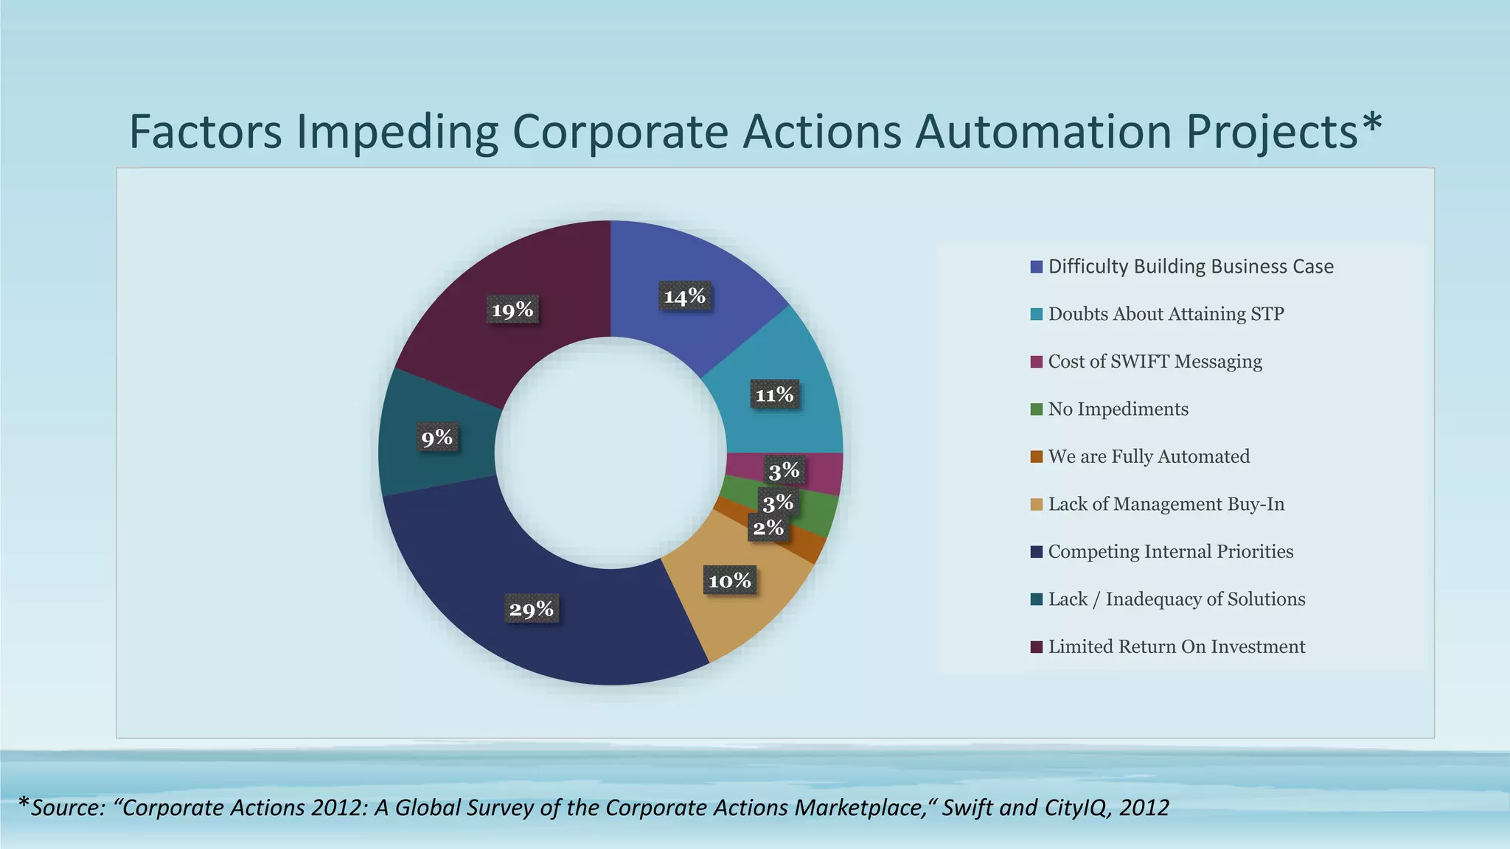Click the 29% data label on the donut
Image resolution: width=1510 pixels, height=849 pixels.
coord(532,609)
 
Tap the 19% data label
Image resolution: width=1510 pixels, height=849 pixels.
coord(512,310)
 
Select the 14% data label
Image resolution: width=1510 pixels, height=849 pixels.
coord(685,296)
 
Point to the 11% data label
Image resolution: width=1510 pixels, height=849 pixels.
coord(774,395)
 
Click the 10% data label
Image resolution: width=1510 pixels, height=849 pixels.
coord(730,581)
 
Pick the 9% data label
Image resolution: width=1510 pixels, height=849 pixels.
coord(437,438)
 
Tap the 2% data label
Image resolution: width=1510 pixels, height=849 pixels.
coord(768,528)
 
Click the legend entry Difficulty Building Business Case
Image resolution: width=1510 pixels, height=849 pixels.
coord(1190,267)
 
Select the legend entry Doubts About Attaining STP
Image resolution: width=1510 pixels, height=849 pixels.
coord(1166,314)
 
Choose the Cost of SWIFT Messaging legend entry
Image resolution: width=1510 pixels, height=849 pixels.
coord(1155,362)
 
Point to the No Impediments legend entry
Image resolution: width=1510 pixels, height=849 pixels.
coord(1118,409)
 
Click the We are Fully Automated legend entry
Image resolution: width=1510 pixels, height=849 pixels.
coord(1149,457)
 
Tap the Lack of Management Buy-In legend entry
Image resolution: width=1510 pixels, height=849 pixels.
coord(1166,504)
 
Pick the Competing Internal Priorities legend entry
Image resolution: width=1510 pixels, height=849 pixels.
coord(1170,552)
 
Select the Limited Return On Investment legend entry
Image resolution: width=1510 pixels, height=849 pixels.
coord(1176,647)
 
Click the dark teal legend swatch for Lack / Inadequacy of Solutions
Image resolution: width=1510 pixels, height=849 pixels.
coord(1037,599)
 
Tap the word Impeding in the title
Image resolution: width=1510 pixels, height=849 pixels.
coord(398,133)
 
